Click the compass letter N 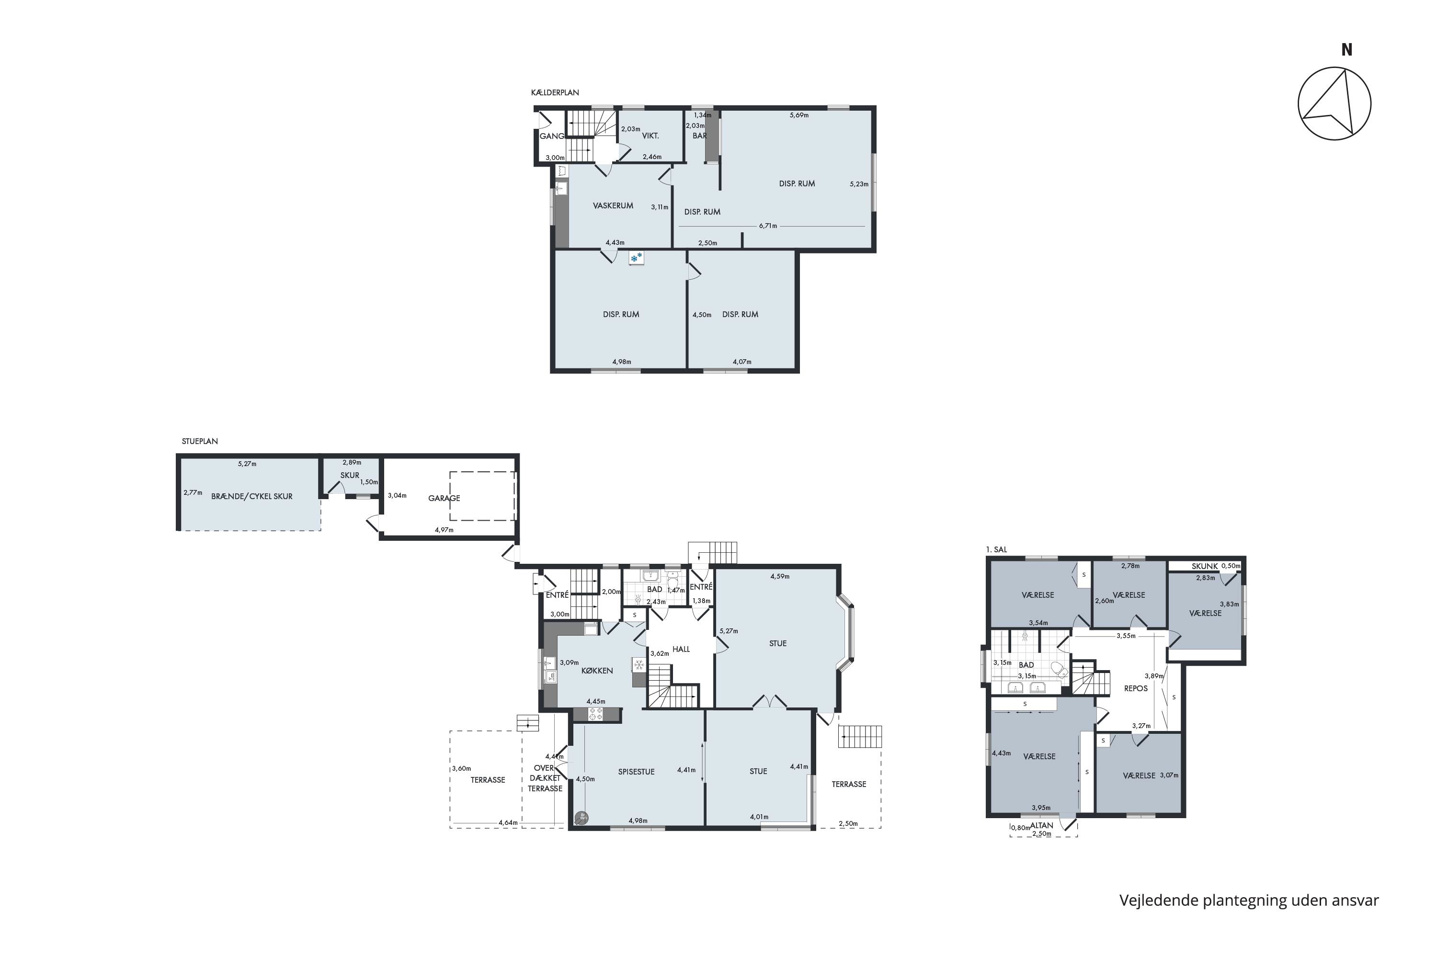1346,49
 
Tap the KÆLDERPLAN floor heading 555,93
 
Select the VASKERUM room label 613,206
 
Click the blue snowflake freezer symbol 636,259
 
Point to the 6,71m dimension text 768,226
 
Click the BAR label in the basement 699,136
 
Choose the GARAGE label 444,498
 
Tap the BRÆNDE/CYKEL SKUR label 252,497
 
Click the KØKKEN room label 597,670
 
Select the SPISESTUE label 636,772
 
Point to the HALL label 681,649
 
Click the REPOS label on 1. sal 1136,688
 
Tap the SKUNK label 1205,566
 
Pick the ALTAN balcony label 1042,825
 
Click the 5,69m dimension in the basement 799,115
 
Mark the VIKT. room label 650,136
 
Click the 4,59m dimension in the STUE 780,576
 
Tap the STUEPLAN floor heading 200,441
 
